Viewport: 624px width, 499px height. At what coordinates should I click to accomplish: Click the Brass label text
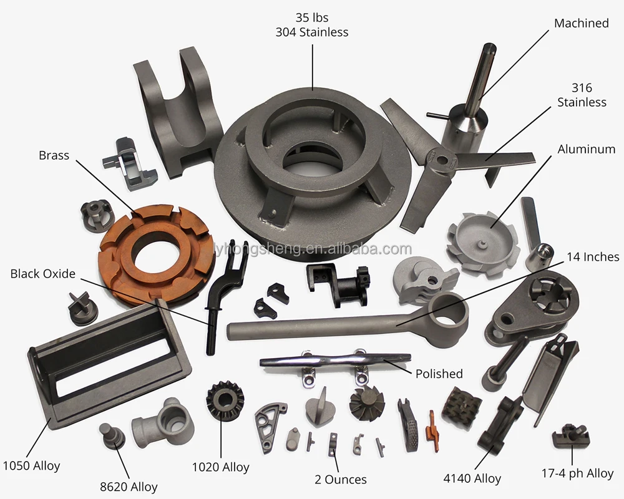[x=54, y=155]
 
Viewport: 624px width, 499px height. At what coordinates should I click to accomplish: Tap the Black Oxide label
[x=43, y=274]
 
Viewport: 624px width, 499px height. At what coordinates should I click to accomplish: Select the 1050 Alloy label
[x=31, y=465]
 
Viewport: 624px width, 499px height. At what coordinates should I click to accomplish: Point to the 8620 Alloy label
[x=129, y=487]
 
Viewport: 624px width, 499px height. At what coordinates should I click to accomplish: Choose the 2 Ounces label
[x=341, y=480]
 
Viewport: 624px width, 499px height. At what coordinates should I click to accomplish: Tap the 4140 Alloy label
[x=472, y=478]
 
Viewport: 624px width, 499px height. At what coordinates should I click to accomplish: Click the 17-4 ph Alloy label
[x=577, y=473]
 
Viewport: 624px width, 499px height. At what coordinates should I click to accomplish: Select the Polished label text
[x=439, y=374]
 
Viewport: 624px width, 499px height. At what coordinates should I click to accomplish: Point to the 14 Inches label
[x=593, y=257]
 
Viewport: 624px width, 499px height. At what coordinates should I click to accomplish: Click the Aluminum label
[x=586, y=149]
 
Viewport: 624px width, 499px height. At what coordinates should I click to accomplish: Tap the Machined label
[x=582, y=24]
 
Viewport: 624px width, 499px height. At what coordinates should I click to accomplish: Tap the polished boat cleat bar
[x=335, y=361]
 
